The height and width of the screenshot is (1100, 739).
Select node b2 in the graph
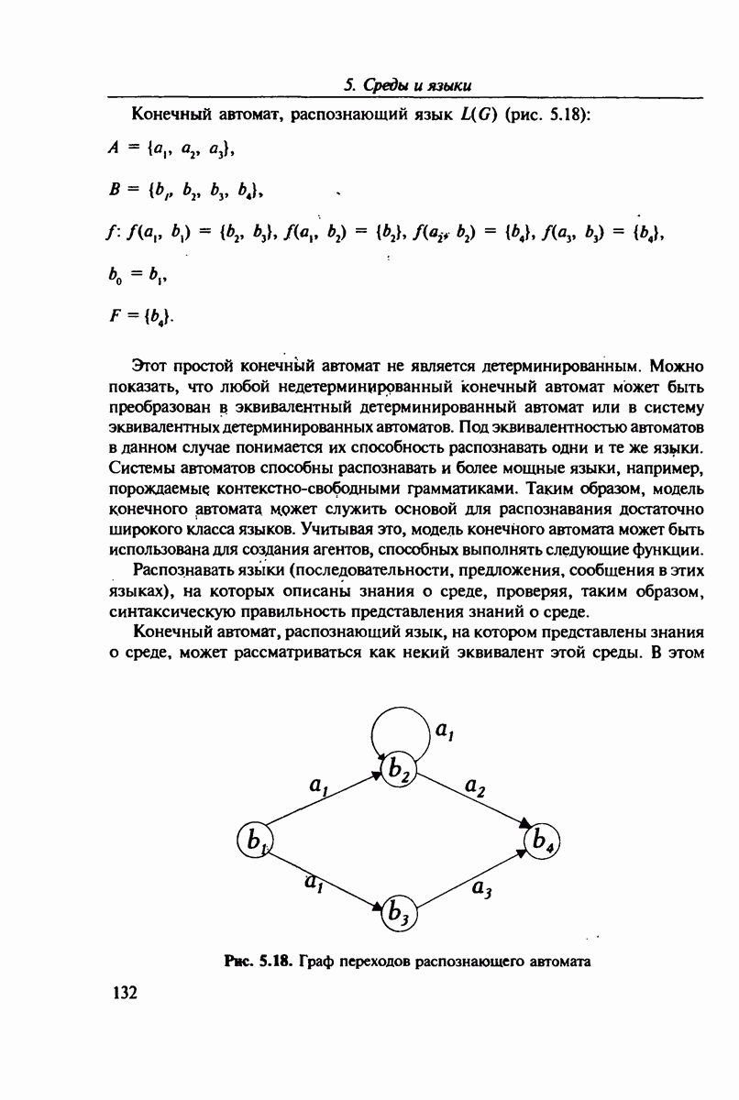pyautogui.click(x=400, y=769)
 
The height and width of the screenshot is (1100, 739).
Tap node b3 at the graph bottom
pyautogui.click(x=400, y=912)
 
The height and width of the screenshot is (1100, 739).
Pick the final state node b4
pyautogui.click(x=542, y=840)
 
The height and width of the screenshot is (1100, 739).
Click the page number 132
pyautogui.click(x=124, y=993)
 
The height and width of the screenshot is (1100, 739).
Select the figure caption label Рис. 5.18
pyautogui.click(x=258, y=962)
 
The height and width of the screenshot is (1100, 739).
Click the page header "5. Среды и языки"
pyautogui.click(x=407, y=86)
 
